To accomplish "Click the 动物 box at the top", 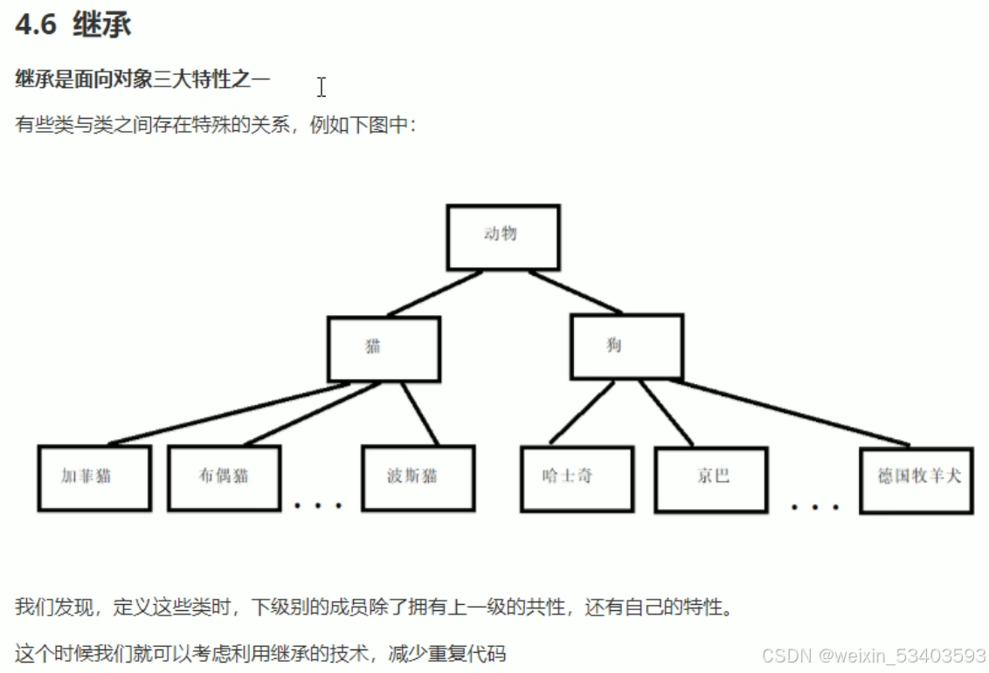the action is point(502,237).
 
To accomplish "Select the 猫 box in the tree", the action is point(384,348).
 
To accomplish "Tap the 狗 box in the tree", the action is point(626,347).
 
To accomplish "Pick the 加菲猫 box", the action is point(94,477).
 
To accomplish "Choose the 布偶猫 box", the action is point(225,477).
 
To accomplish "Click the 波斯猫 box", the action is point(418,477).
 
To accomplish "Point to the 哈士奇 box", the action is point(577,478).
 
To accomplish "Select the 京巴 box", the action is point(710,477).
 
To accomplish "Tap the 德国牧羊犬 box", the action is point(916,479).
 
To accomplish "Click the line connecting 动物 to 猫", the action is point(434,293).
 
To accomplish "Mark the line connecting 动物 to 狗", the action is point(574,292).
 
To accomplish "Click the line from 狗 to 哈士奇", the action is point(582,414).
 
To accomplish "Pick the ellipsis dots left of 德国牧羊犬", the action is point(815,506).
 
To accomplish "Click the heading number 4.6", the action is point(36,25).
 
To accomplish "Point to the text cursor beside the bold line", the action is point(322,86).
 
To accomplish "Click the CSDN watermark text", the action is point(874,655).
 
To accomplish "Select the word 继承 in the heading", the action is point(102,25).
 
